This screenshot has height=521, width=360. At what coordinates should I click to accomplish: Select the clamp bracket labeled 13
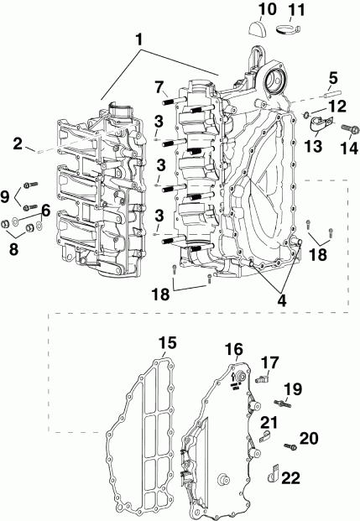(x=316, y=128)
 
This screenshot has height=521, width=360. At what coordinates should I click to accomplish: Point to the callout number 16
(x=232, y=348)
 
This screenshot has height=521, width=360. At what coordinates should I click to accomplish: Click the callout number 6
(x=44, y=211)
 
